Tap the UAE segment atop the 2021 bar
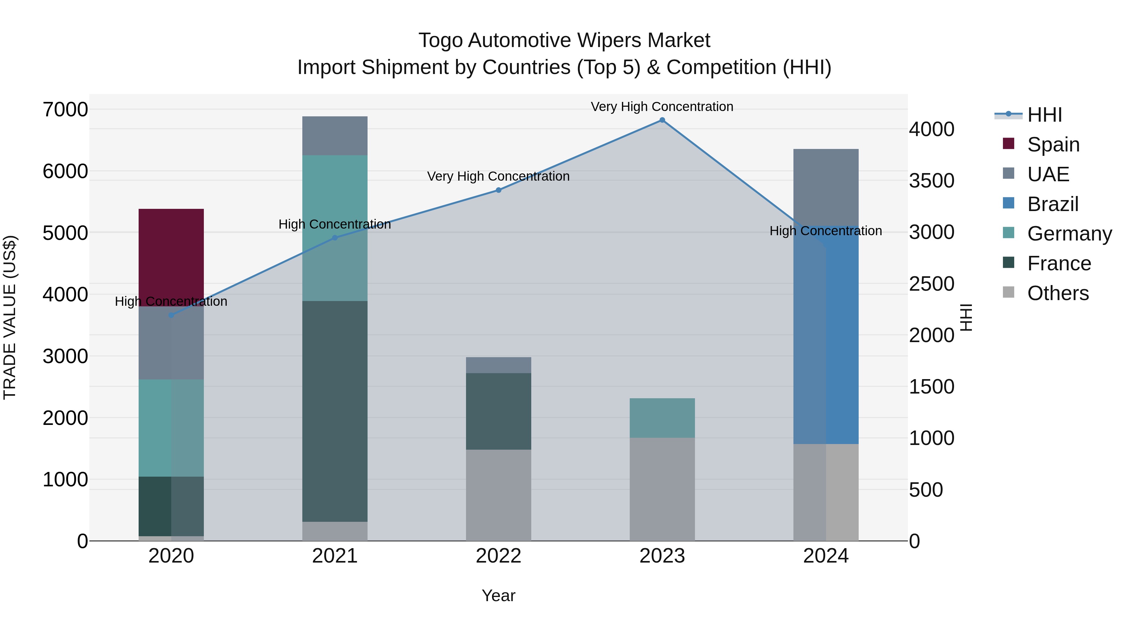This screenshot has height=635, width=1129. (x=335, y=136)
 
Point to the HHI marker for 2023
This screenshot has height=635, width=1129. (x=662, y=120)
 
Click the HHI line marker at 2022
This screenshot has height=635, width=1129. (x=498, y=190)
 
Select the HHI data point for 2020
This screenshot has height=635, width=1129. (x=171, y=315)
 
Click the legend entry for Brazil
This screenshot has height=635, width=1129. (x=1052, y=204)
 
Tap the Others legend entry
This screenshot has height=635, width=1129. (x=1057, y=293)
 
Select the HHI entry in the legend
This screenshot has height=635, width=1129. (x=1044, y=115)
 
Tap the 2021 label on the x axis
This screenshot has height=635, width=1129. (x=335, y=556)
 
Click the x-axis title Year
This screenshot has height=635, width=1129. (x=498, y=595)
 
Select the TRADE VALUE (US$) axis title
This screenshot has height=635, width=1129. (x=10, y=317)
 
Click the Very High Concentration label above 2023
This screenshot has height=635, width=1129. (x=662, y=107)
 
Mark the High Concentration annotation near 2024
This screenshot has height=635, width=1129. (x=826, y=230)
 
